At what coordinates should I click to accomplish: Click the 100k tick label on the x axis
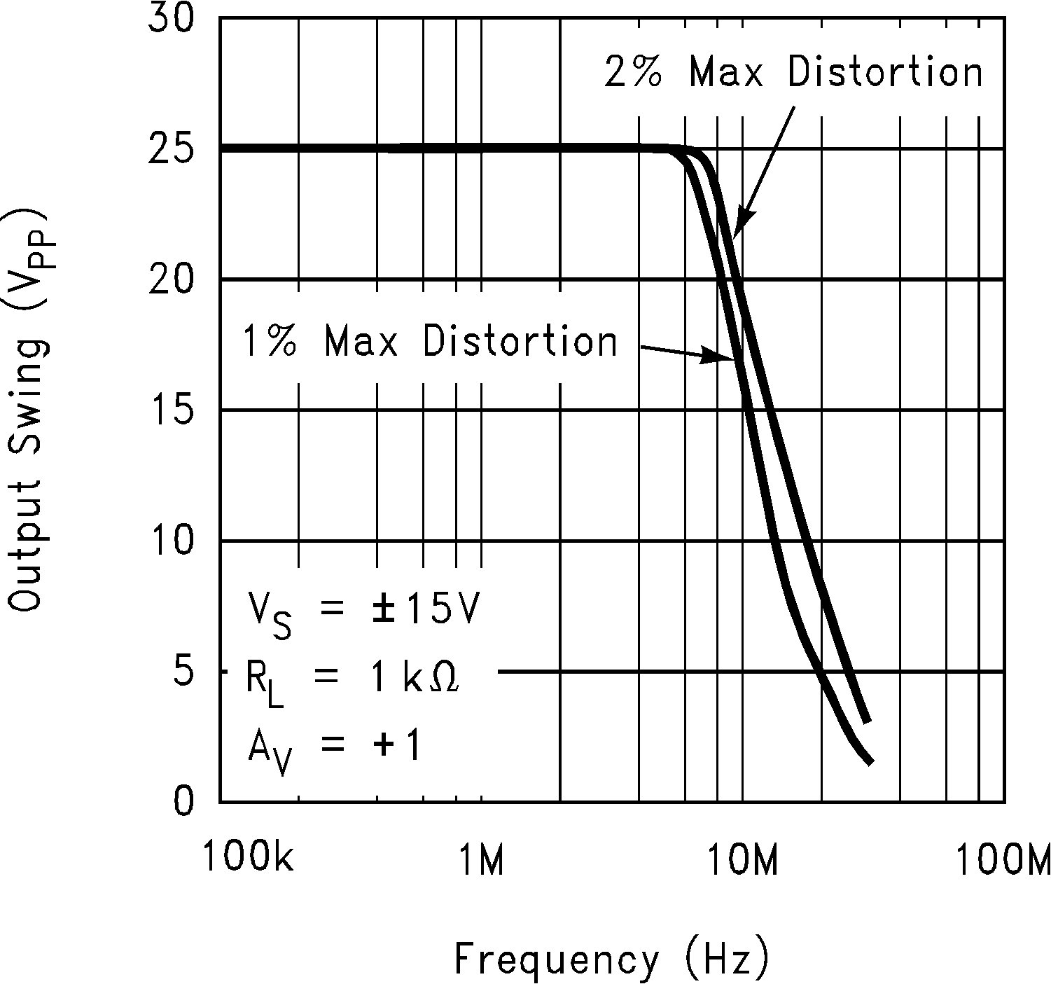[x=249, y=859]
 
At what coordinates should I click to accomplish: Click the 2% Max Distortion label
[x=793, y=72]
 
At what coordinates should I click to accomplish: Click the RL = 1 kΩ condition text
[x=352, y=680]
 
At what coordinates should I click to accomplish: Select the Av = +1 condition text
[x=334, y=747]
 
